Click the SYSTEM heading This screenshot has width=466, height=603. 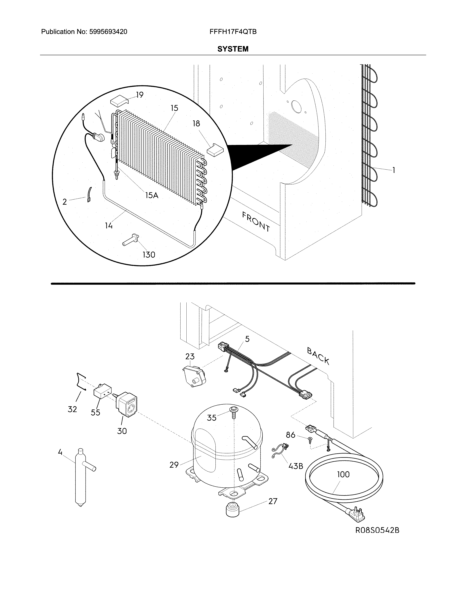click(233, 49)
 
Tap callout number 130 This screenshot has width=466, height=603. click(149, 255)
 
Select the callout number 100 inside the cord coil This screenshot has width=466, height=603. click(343, 474)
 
